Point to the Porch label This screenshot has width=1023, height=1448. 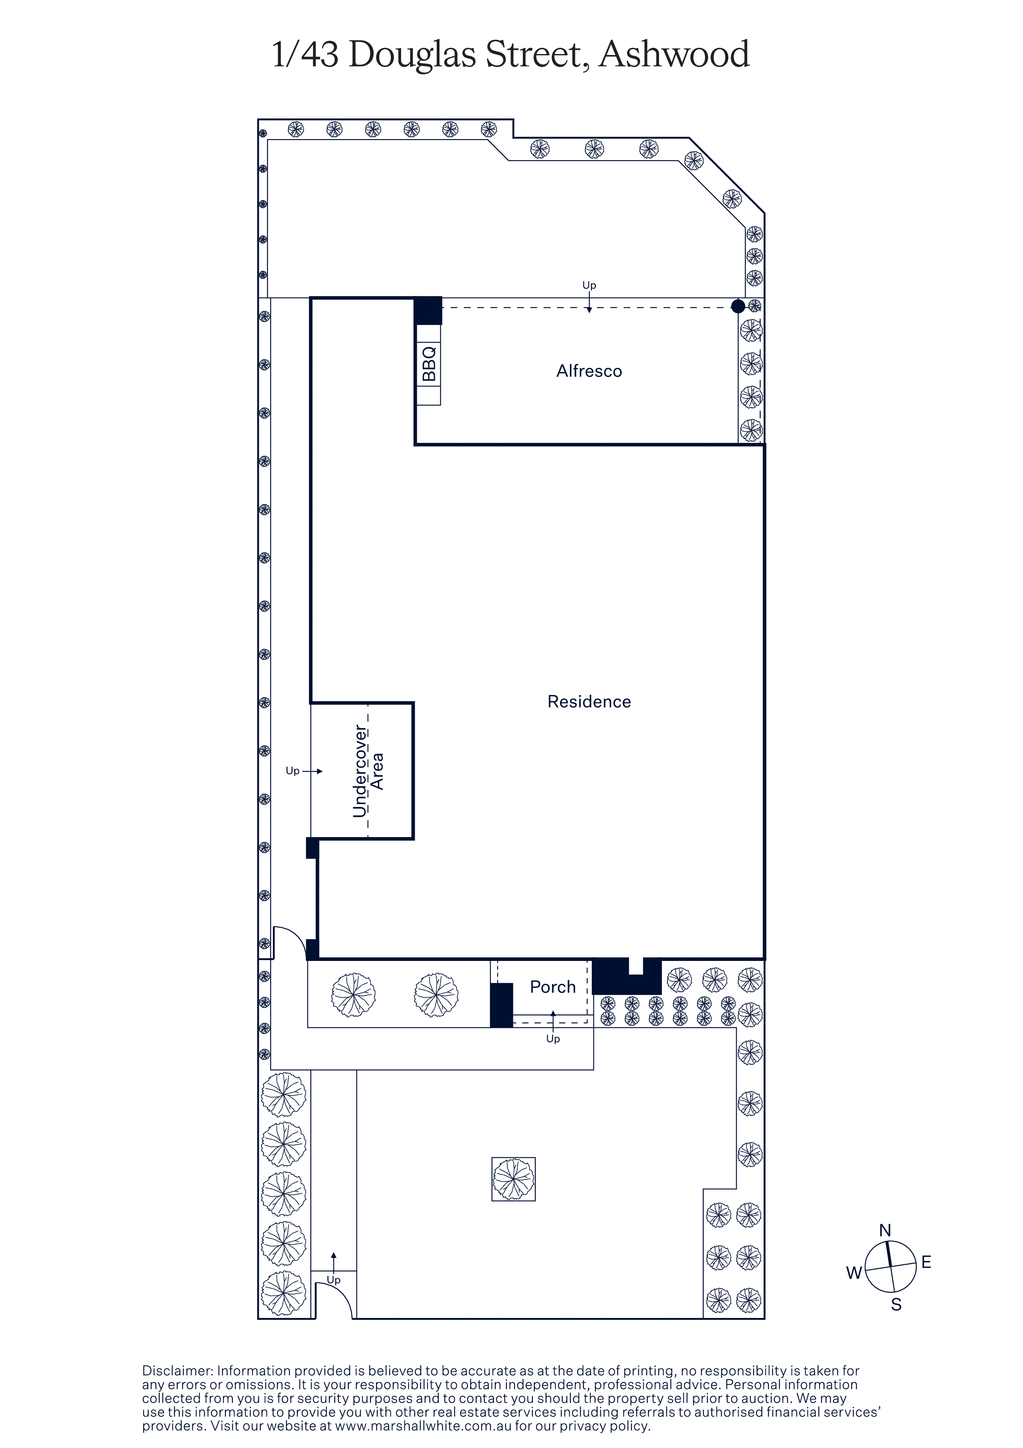click(553, 987)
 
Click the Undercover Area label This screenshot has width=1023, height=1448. click(368, 770)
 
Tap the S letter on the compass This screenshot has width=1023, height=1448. click(895, 1304)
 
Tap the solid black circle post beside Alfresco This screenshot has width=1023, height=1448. click(737, 307)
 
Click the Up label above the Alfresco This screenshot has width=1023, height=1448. click(589, 285)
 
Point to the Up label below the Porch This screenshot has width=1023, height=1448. click(553, 1039)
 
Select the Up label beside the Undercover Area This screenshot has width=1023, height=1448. click(293, 771)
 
